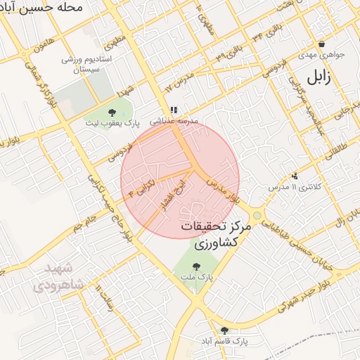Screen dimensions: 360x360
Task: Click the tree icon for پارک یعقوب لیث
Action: [x=112, y=112]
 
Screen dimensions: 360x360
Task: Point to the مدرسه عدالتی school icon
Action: [x=174, y=110]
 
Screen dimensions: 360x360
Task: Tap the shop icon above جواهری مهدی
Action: [x=321, y=44]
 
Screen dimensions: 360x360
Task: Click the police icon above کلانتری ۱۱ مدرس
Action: [x=295, y=176]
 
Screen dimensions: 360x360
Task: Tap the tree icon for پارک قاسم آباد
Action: [x=224, y=330]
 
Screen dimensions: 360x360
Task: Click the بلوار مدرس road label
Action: [x=224, y=188]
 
